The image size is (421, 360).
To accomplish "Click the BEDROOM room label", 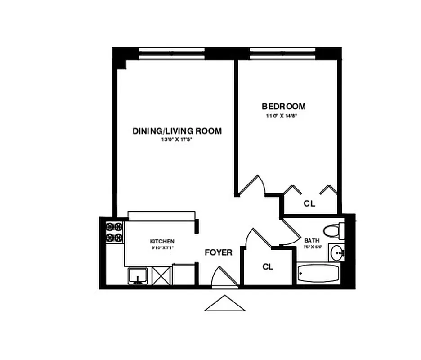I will [x=283, y=107].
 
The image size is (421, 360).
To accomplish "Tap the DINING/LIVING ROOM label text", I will [x=177, y=131].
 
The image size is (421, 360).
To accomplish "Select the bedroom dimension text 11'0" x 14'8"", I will [x=282, y=116].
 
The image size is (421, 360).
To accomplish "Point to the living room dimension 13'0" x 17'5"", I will [x=177, y=139].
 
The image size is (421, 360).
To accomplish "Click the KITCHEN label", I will [x=162, y=242].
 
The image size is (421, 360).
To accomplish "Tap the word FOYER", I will [x=219, y=252].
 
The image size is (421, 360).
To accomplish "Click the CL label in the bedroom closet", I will [x=309, y=203].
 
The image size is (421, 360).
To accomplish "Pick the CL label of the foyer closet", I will [x=268, y=266].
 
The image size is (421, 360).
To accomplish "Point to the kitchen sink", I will [x=138, y=275].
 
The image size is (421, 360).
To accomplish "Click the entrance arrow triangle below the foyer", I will [x=225, y=304].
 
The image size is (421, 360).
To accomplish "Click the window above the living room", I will [x=172, y=52].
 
